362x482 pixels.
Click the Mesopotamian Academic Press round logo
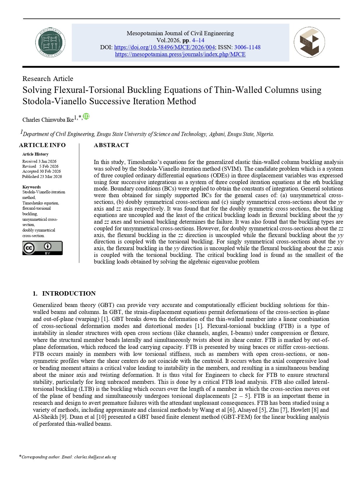click(50, 43)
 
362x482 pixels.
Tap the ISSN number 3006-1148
click(247, 47)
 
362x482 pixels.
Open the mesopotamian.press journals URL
click(180, 54)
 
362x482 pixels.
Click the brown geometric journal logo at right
click(309, 43)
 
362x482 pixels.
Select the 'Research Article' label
click(48, 79)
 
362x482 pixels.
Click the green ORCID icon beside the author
click(86, 116)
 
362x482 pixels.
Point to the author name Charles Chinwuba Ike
click(48, 120)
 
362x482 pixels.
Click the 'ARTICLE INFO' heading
click(42, 145)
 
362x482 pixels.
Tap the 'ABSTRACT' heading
click(111, 145)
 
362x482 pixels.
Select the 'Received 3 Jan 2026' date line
click(39, 161)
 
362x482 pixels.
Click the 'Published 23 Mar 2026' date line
click(42, 176)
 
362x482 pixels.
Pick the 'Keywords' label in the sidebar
click(31, 187)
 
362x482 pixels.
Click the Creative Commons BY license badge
click(43, 248)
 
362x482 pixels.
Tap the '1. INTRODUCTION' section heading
click(64, 293)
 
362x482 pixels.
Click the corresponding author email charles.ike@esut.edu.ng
click(95, 457)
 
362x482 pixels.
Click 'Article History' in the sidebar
click(35, 154)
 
